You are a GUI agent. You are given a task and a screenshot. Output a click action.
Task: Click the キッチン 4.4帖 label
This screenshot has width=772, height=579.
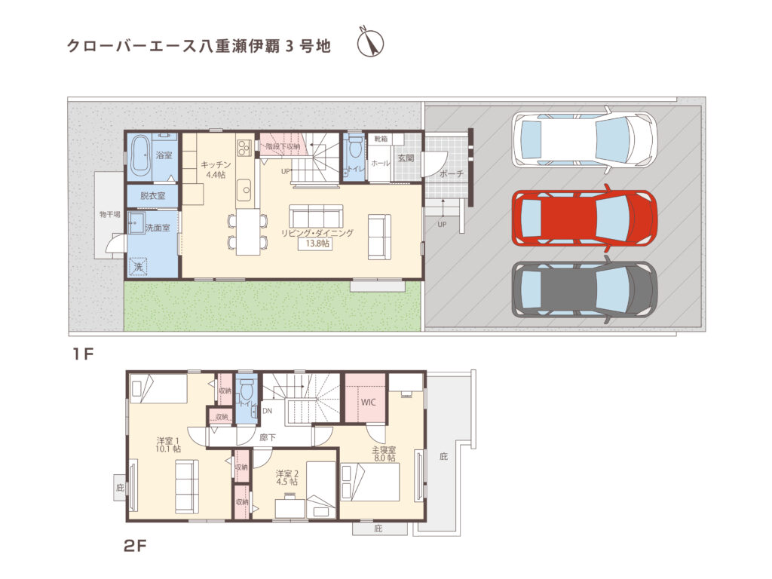(x=216, y=169)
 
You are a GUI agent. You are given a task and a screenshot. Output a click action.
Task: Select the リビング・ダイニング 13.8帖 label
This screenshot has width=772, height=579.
(x=317, y=238)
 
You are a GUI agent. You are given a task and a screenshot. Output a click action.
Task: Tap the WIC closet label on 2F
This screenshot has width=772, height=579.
(x=368, y=402)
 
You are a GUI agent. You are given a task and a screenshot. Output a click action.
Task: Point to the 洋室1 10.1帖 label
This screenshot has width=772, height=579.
(x=168, y=444)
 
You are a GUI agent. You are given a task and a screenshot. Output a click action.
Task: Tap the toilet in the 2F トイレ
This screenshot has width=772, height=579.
(x=245, y=393)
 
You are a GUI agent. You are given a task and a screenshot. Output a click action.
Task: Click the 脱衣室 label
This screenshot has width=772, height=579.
(x=152, y=195)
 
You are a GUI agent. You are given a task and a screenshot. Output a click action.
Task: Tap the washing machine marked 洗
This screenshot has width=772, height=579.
(x=139, y=266)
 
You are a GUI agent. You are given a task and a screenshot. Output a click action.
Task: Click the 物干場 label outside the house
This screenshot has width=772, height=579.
(x=109, y=215)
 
